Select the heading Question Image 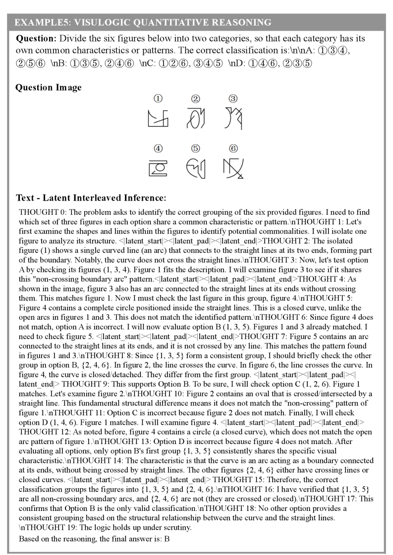49,88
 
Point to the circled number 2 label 196,99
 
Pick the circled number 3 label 233,99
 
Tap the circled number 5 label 196,148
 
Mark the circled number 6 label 233,148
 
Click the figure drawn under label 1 159,118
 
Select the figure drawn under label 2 196,118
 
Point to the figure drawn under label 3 233,118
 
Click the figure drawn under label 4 159,167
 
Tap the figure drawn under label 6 233,168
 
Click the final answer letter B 167,538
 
